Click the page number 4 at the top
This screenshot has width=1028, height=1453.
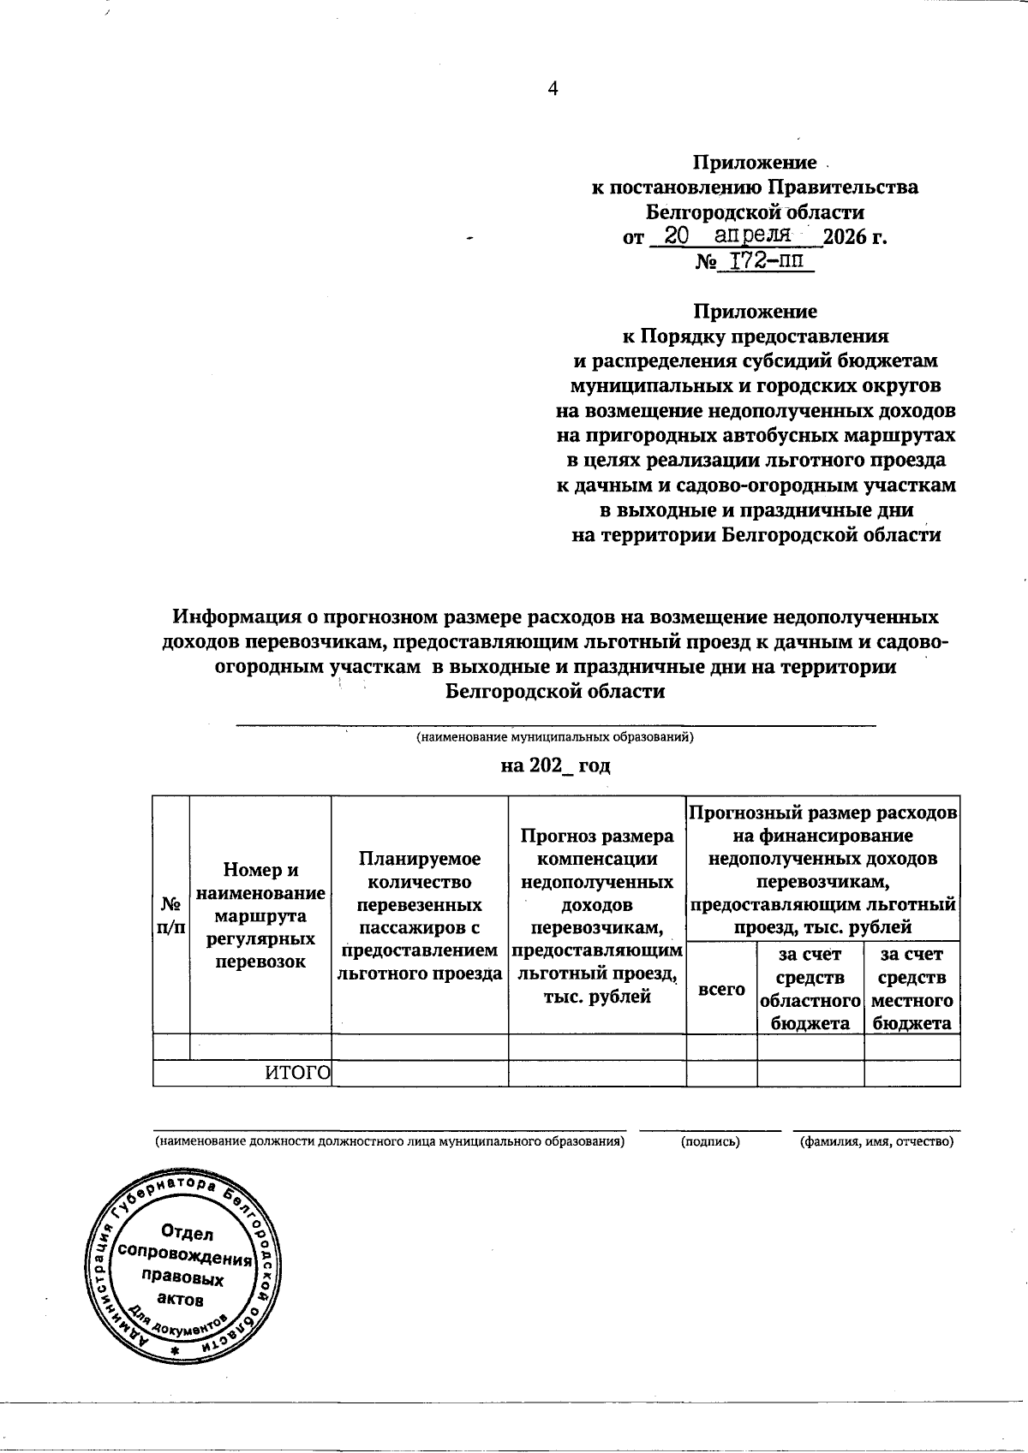click(553, 89)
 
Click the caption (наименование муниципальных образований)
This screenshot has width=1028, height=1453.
click(555, 736)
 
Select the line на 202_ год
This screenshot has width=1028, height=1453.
click(555, 765)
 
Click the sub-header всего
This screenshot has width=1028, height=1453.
click(721, 989)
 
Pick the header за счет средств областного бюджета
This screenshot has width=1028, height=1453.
click(810, 989)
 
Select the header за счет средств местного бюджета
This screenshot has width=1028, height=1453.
click(911, 989)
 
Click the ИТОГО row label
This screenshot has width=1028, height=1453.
click(296, 1074)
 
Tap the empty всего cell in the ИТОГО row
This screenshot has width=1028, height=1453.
click(721, 1074)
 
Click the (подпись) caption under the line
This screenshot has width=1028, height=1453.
click(710, 1141)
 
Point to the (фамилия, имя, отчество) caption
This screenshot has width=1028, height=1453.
click(876, 1141)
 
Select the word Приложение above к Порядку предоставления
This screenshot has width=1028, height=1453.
click(755, 312)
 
